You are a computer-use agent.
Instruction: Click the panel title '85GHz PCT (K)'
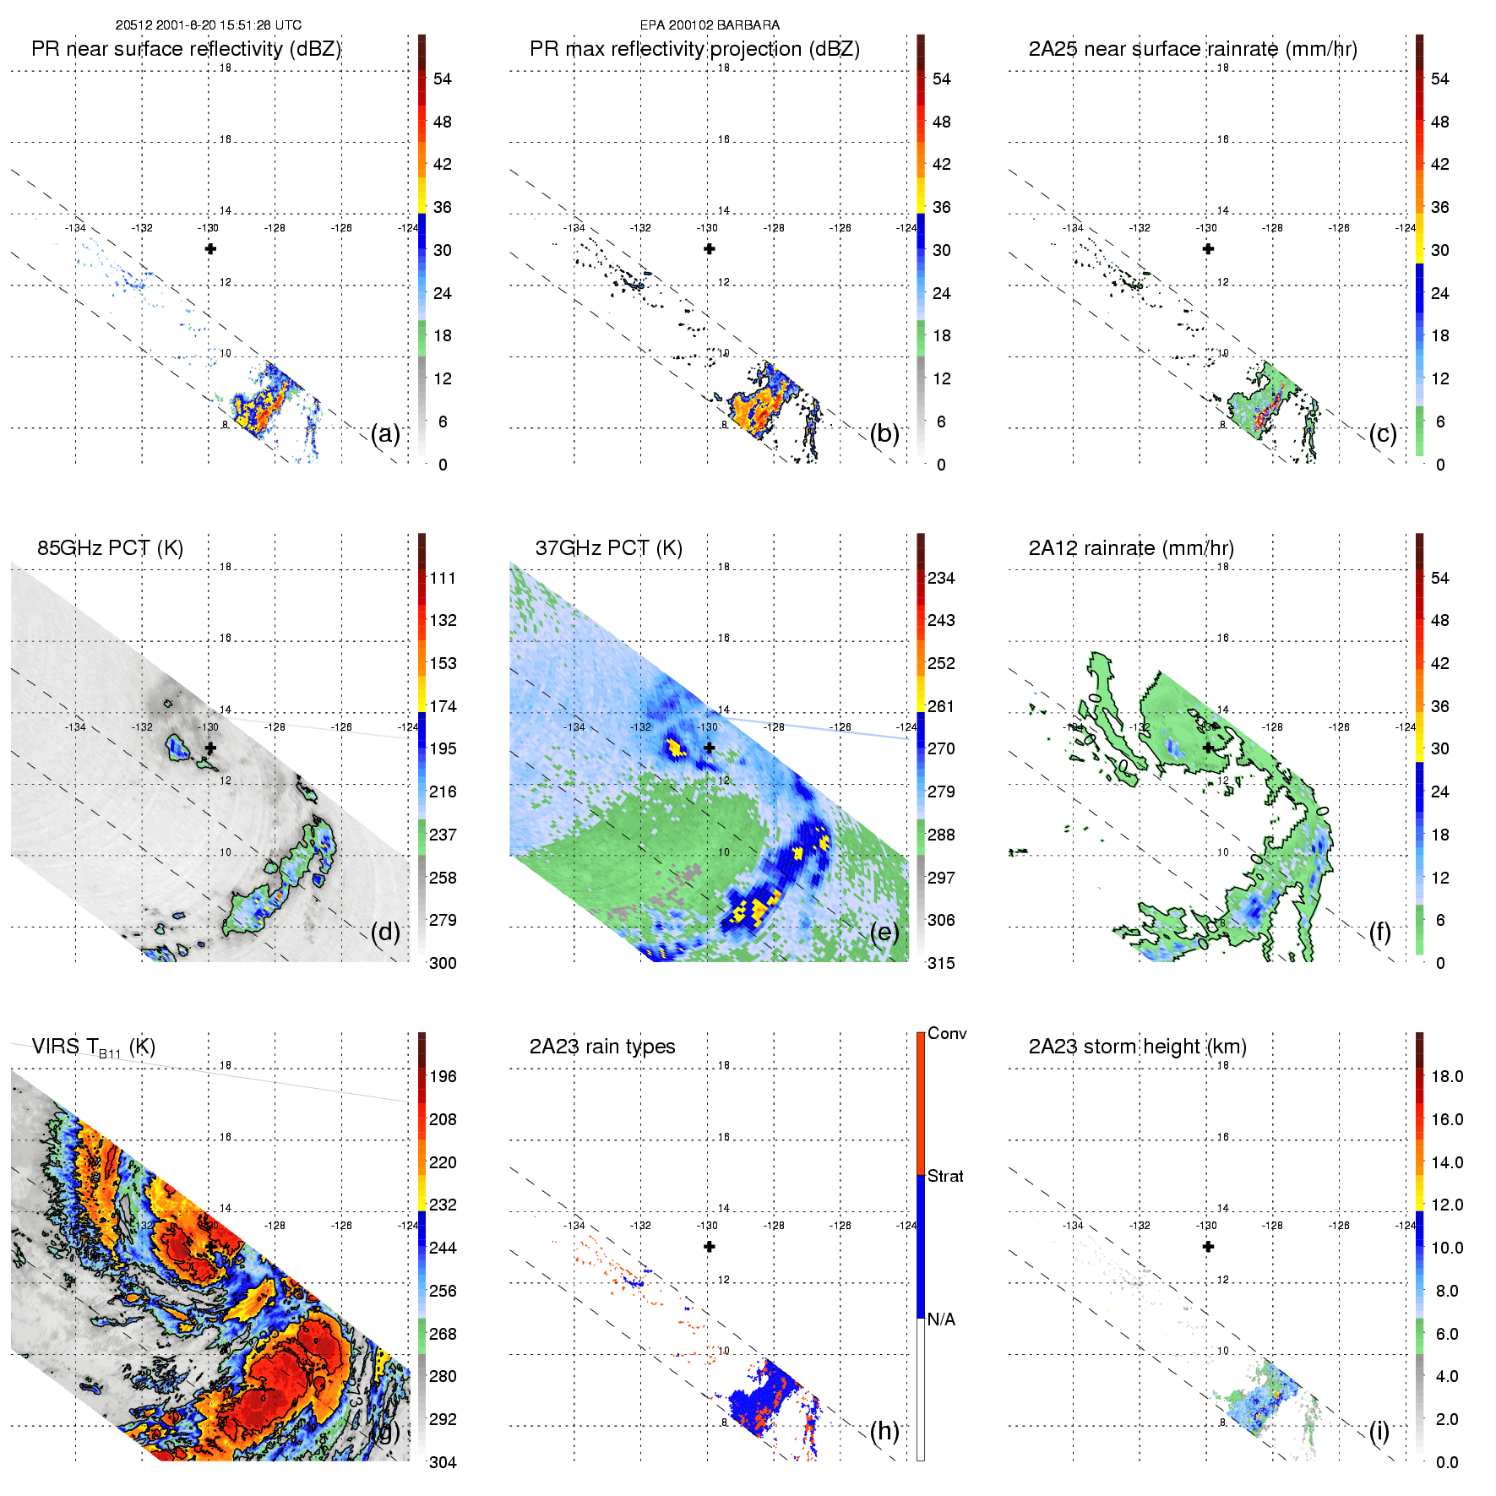coord(110,547)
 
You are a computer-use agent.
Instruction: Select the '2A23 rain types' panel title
coord(601,1047)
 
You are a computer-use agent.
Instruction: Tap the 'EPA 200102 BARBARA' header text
coord(710,25)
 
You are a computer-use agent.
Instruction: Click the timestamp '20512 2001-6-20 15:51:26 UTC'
coord(208,25)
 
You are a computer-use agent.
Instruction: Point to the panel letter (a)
coord(385,434)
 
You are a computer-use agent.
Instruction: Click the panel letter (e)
coord(884,933)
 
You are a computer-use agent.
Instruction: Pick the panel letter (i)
coord(1379,1431)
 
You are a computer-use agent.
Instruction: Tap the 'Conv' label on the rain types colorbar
coord(947,1033)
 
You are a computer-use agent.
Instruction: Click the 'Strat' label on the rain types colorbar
coord(945,1176)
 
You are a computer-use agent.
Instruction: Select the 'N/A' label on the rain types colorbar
coord(941,1319)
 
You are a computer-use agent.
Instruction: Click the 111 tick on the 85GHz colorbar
coord(443,578)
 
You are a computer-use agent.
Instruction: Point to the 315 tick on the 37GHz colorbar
coord(941,963)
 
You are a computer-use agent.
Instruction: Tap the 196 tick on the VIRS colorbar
coord(443,1076)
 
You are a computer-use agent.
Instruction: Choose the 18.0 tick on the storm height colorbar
coord(1447,1076)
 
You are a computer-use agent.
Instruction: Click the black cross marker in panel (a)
coord(210,248)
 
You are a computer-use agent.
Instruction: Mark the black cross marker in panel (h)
coord(710,1246)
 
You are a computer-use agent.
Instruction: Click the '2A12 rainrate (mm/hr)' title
coord(1131,547)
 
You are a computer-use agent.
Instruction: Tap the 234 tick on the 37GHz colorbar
coord(941,578)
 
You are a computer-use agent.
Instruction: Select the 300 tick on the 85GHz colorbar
coord(443,963)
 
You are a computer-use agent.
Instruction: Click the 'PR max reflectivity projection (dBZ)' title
coord(694,49)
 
